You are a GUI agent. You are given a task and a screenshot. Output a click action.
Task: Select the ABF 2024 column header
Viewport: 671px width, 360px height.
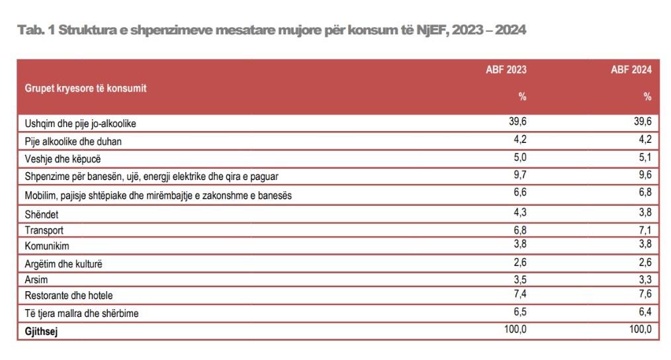point(631,69)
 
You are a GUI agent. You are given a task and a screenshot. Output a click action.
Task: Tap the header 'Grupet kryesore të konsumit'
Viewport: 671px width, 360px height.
point(86,88)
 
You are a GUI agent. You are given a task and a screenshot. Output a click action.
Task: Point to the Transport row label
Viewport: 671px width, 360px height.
point(44,230)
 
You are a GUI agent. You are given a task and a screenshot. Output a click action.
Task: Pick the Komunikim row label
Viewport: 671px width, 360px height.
point(47,246)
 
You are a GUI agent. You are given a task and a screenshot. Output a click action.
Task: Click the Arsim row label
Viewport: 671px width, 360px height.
point(36,280)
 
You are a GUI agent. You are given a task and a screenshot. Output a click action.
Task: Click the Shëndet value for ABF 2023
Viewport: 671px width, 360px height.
point(518,212)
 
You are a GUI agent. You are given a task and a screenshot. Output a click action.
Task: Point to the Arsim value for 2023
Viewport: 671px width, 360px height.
point(518,279)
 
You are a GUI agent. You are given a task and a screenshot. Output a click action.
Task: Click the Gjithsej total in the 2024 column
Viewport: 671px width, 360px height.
point(639,330)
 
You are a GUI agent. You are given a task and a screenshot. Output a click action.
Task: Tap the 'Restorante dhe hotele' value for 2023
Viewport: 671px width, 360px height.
point(518,294)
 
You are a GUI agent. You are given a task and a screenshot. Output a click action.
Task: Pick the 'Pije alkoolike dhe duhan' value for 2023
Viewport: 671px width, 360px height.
point(518,140)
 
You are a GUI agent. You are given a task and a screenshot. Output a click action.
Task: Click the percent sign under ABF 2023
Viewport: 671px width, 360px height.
point(522,97)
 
